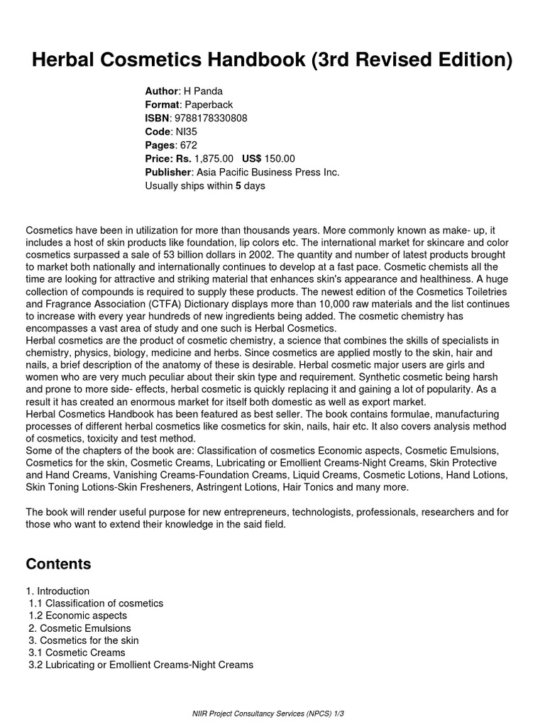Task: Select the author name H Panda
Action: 203,92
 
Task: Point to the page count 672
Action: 188,146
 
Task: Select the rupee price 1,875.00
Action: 214,159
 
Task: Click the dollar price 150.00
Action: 279,159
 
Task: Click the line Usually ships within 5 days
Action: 204,186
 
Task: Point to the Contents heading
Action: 58,564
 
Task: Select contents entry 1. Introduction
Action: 58,591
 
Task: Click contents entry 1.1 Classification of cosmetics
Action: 97,603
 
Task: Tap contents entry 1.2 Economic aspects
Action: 78,616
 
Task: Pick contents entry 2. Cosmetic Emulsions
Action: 79,628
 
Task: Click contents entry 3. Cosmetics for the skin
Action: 84,640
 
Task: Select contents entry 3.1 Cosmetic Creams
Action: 77,652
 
